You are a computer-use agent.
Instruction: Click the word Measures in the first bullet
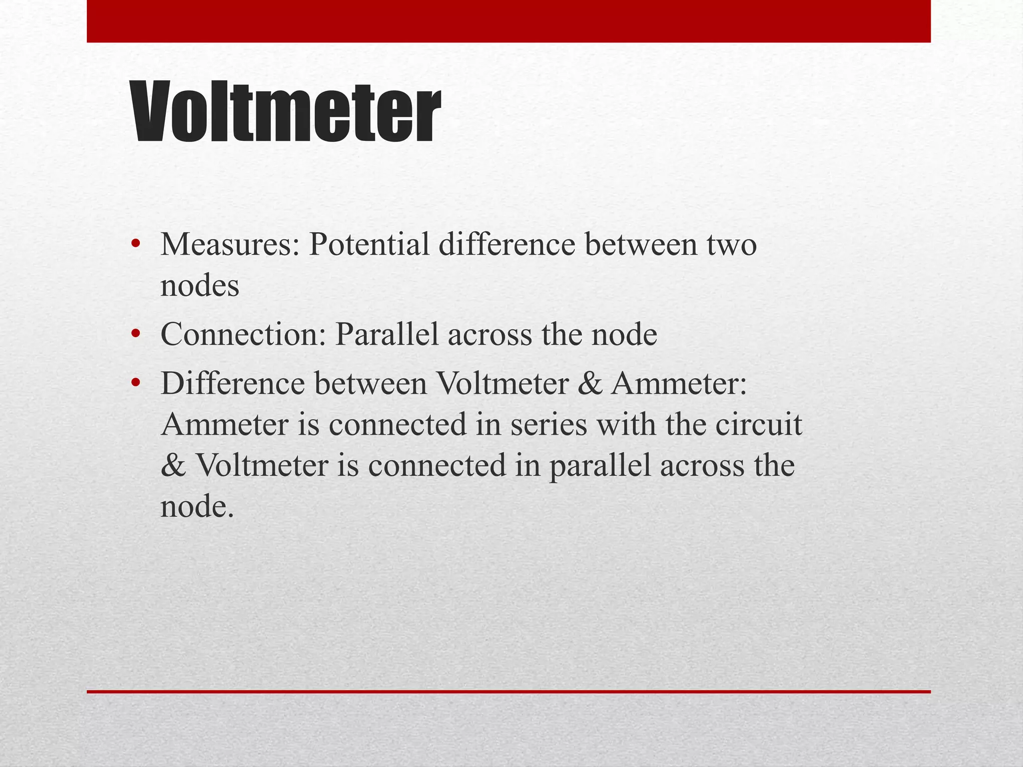point(229,245)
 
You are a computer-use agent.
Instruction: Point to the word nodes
point(200,287)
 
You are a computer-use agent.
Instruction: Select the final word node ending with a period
point(197,507)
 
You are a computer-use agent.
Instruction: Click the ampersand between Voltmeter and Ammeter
point(590,384)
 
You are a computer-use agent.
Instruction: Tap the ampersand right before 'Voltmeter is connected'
point(173,466)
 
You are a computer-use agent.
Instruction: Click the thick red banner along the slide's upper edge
point(509,21)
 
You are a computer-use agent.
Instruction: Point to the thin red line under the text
point(509,692)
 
